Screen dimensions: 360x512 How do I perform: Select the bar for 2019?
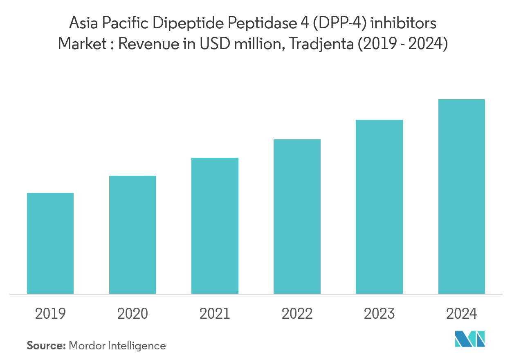(x=50, y=243)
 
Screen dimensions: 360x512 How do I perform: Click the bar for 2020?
(x=132, y=235)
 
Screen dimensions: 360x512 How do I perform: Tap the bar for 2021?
(x=215, y=226)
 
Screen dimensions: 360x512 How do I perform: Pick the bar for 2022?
(x=297, y=217)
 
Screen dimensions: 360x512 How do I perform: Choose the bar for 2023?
(x=379, y=207)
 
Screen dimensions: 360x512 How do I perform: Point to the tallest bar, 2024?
(x=461, y=197)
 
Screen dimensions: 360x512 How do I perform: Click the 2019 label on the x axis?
(x=50, y=313)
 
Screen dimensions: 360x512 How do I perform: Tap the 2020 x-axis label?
(x=132, y=313)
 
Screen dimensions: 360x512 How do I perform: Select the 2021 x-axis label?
(x=215, y=313)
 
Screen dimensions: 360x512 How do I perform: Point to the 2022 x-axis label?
(x=297, y=313)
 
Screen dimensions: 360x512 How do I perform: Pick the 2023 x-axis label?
(x=379, y=313)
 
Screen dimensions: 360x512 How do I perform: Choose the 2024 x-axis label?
(x=461, y=313)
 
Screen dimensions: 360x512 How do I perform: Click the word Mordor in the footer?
(x=87, y=346)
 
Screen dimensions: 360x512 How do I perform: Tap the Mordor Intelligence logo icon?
(x=470, y=339)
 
